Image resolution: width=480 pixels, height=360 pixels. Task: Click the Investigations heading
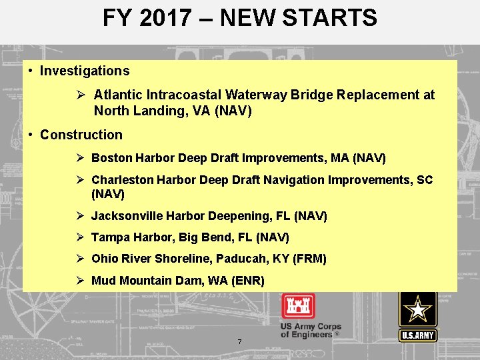tap(85, 71)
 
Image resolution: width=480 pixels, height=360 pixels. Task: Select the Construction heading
tap(81, 135)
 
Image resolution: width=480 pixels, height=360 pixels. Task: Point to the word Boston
tap(111, 158)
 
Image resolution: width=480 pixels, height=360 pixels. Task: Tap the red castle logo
tap(298, 306)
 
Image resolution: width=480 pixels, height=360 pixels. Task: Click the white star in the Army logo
tap(418, 311)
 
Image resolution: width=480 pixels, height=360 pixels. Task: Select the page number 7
tap(239, 342)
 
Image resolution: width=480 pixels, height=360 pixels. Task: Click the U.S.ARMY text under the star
tap(418, 335)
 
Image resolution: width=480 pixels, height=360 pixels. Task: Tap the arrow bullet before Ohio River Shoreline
tap(79, 259)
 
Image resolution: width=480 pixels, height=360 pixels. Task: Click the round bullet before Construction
tap(31, 135)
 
